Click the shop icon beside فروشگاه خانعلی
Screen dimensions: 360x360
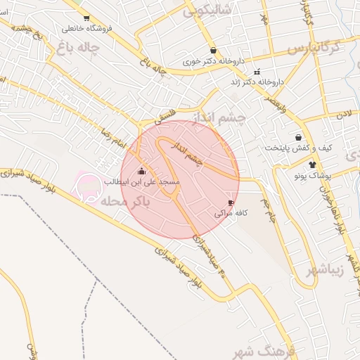86,18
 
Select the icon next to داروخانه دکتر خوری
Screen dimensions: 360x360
212,51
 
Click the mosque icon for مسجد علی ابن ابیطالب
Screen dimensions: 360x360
142,171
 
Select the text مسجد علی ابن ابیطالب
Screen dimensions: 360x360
142,182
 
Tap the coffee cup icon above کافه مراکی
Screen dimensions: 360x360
231,202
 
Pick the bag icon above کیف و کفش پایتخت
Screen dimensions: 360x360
299,138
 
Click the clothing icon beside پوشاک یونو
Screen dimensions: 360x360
312,164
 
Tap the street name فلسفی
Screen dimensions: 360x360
163,121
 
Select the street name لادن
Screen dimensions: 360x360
342,112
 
